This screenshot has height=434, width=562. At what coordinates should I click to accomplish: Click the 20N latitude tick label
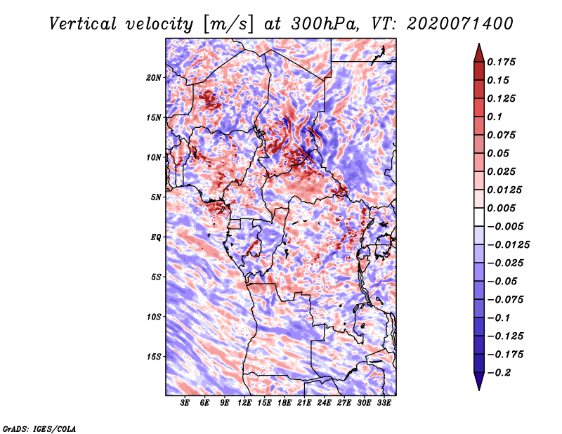pyautogui.click(x=154, y=78)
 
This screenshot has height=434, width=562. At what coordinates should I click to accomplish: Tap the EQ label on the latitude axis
pyautogui.click(x=156, y=237)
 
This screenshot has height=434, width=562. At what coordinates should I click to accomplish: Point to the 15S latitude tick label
pyautogui.click(x=154, y=357)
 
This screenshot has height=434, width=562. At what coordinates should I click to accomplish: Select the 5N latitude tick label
pyautogui.click(x=156, y=197)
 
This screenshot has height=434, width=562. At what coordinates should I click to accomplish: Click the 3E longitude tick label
pyautogui.click(x=185, y=403)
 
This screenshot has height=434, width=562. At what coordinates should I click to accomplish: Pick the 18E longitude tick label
pyautogui.click(x=285, y=403)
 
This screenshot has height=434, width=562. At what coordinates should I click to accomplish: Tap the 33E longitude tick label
pyautogui.click(x=384, y=403)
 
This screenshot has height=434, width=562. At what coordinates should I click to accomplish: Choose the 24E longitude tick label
pyautogui.click(x=324, y=403)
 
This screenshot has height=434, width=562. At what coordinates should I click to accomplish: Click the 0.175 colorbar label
pyautogui.click(x=501, y=62)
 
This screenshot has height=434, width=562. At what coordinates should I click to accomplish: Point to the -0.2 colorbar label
pyautogui.click(x=499, y=373)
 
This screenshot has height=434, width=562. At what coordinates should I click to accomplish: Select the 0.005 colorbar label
pyautogui.click(x=501, y=208)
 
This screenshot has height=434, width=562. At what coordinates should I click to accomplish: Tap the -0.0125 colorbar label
pyautogui.click(x=508, y=245)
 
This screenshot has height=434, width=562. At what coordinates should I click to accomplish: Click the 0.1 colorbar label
pyautogui.click(x=495, y=117)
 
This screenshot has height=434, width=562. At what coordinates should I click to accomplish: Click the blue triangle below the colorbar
pyautogui.click(x=479, y=381)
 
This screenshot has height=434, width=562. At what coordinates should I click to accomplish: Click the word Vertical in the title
pyautogui.click(x=83, y=24)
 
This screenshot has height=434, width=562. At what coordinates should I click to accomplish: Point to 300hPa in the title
pyautogui.click(x=324, y=24)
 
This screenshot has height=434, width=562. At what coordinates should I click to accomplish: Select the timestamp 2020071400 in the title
pyautogui.click(x=460, y=24)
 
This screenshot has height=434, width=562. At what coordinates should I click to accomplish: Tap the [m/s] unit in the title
pyautogui.click(x=228, y=25)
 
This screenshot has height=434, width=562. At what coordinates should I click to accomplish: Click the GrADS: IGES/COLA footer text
pyautogui.click(x=39, y=428)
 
